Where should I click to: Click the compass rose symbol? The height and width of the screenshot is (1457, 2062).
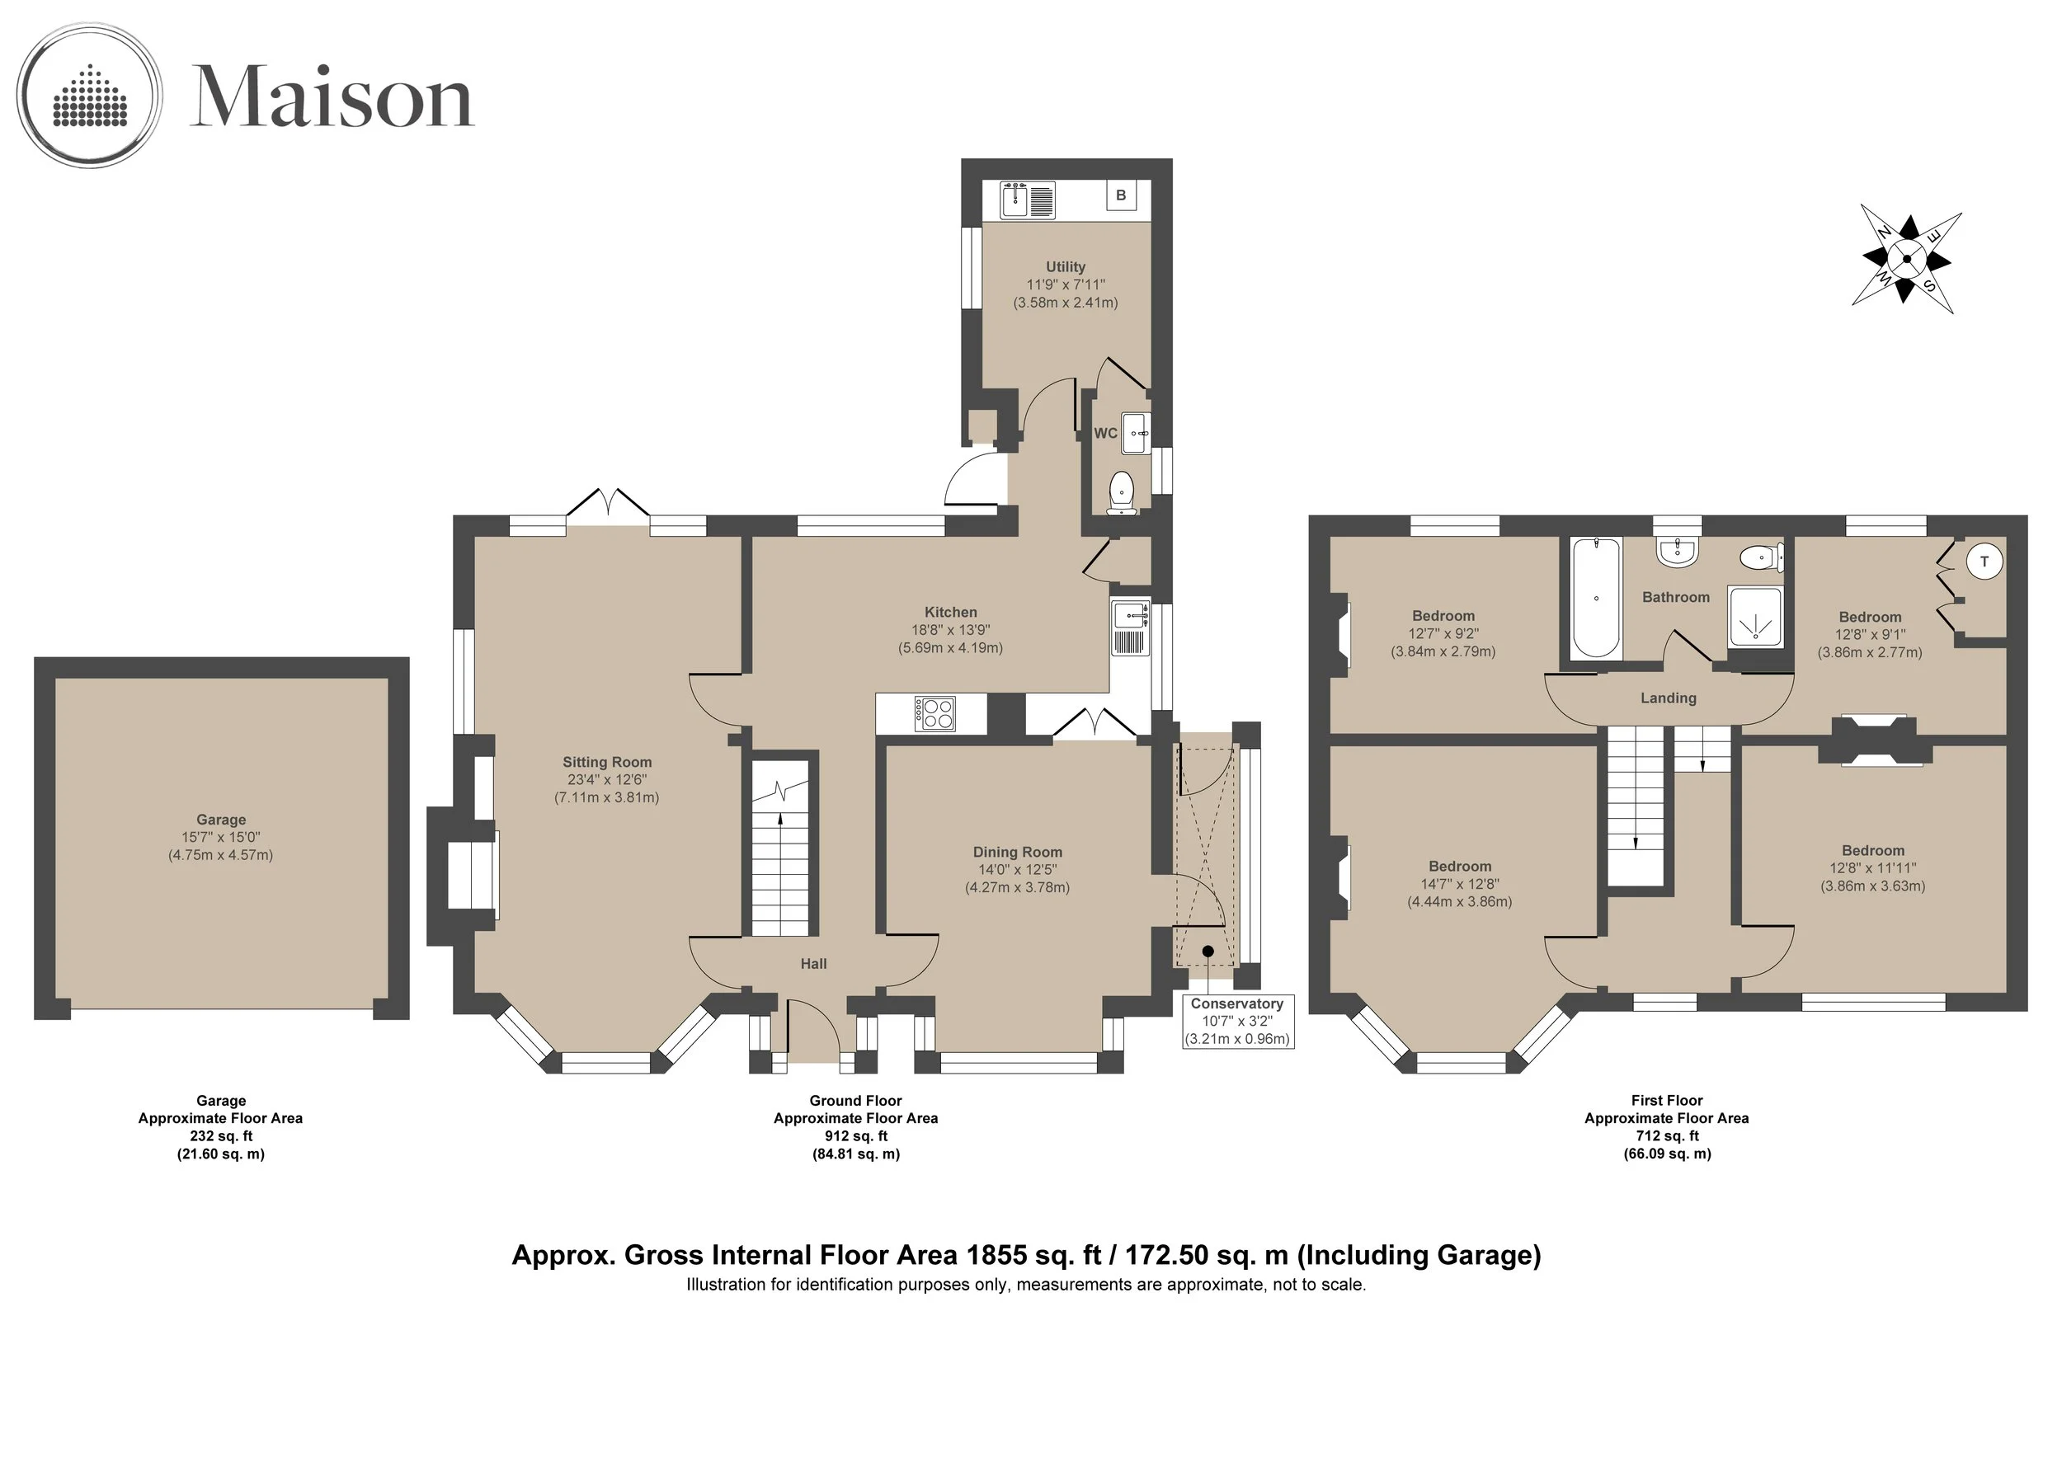(1906, 260)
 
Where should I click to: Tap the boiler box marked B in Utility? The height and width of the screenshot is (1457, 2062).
(1120, 195)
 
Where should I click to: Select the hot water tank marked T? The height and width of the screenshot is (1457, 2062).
(1984, 561)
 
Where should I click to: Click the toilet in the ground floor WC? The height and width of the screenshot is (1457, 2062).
(1121, 494)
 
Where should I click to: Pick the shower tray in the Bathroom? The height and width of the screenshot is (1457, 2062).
(1754, 618)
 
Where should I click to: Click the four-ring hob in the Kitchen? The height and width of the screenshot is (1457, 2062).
(934, 714)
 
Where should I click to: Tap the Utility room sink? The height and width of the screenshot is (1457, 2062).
(1029, 199)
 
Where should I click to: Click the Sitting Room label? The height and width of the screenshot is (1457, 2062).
(607, 762)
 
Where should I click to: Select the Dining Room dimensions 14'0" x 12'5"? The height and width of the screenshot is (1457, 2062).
(1018, 869)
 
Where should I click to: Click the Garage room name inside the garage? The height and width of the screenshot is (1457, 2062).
(221, 820)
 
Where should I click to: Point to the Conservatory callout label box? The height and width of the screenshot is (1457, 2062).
(1237, 1021)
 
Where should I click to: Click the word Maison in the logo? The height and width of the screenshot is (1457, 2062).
(332, 97)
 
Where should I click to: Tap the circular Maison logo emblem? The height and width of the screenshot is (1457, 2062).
(90, 95)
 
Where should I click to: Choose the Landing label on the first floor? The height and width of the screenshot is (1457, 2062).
(1669, 698)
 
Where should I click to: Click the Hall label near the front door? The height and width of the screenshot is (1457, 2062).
(813, 963)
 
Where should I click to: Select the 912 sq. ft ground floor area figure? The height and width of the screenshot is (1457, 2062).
(856, 1135)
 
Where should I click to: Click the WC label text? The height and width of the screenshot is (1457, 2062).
(1105, 433)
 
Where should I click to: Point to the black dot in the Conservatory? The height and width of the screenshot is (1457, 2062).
(1208, 951)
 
